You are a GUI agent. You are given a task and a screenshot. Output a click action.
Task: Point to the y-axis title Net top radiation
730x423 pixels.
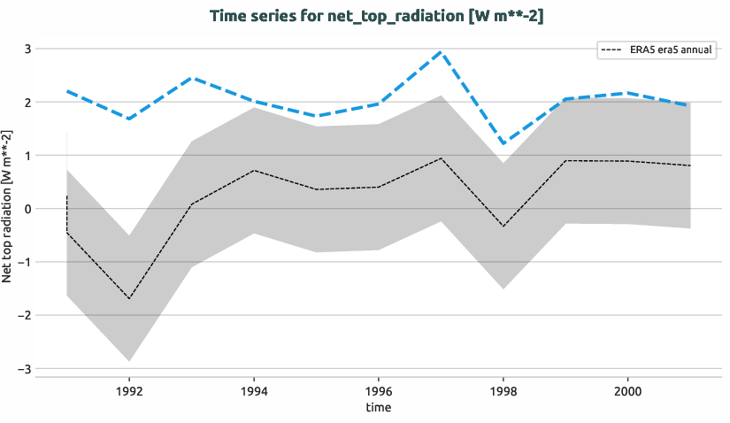click(8, 205)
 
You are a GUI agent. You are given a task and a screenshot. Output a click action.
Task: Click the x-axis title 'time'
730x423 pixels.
click(378, 408)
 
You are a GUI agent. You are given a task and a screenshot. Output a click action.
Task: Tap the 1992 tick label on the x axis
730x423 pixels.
click(129, 389)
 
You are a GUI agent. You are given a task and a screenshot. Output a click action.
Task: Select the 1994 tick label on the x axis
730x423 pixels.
click(254, 389)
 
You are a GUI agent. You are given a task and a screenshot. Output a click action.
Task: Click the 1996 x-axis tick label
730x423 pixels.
click(379, 389)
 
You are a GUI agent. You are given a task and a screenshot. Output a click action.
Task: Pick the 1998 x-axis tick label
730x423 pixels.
click(503, 389)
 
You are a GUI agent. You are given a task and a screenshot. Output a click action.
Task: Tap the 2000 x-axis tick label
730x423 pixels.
click(627, 389)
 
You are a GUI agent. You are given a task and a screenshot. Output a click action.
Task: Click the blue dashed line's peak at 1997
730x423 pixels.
click(441, 52)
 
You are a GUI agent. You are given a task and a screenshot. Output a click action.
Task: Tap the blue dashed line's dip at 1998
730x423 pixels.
click(503, 143)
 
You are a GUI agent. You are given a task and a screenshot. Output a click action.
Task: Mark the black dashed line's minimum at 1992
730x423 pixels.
click(129, 298)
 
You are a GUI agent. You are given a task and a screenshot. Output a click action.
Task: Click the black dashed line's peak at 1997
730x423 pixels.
click(441, 158)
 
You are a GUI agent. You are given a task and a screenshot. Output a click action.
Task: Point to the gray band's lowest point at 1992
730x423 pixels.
click(129, 361)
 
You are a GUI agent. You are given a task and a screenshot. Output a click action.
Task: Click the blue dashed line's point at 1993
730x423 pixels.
click(192, 78)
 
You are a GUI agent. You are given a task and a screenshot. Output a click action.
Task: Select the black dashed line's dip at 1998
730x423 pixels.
click(503, 227)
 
